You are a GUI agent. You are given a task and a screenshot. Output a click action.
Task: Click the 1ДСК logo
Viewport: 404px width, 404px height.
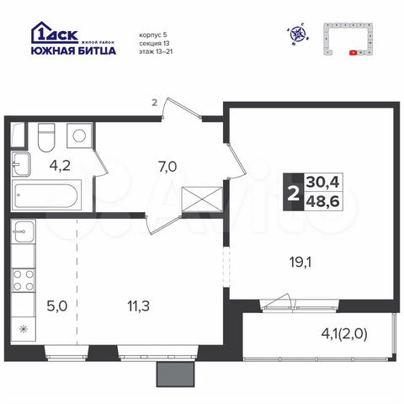click(55, 34)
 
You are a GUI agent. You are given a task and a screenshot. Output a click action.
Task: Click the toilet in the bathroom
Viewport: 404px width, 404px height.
click(46, 135)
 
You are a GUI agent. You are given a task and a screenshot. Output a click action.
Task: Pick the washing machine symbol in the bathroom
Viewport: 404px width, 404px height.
click(79, 135)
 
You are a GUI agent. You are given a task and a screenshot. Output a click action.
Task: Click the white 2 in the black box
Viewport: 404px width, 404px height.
click(292, 192)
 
